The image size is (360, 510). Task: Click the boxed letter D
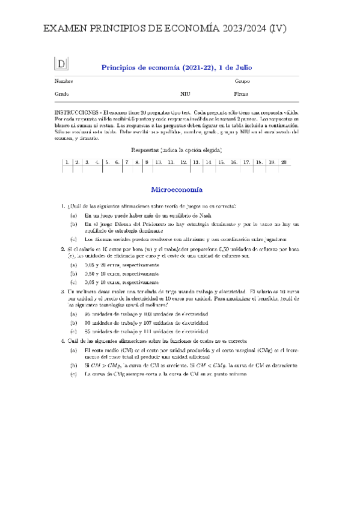(x=62, y=64)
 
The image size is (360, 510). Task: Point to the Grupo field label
(x=242, y=81)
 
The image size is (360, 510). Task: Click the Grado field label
(x=62, y=94)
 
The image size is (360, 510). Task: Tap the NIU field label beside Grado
(x=185, y=94)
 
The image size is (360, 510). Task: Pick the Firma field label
(x=241, y=94)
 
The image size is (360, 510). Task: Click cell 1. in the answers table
(x=68, y=162)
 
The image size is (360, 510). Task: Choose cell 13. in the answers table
(x=196, y=162)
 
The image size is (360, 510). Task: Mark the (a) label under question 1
(x=73, y=215)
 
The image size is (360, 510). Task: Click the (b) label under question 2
(x=73, y=272)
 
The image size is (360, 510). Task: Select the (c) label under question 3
(x=73, y=330)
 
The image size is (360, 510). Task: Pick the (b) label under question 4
(x=73, y=364)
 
